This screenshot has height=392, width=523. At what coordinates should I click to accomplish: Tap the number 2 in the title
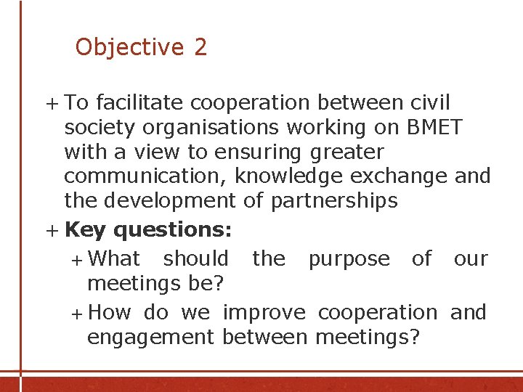(x=200, y=47)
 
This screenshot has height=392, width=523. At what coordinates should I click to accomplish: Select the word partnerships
(x=334, y=201)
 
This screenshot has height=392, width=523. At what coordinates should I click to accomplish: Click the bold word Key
(x=85, y=230)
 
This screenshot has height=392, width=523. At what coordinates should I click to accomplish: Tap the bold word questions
(x=173, y=230)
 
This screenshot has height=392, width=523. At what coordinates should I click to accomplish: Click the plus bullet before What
(x=78, y=259)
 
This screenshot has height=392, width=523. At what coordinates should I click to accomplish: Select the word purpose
(x=349, y=259)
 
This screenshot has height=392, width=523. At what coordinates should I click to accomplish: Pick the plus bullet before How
(x=78, y=314)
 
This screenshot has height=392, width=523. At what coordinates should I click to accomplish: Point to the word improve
(x=264, y=313)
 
